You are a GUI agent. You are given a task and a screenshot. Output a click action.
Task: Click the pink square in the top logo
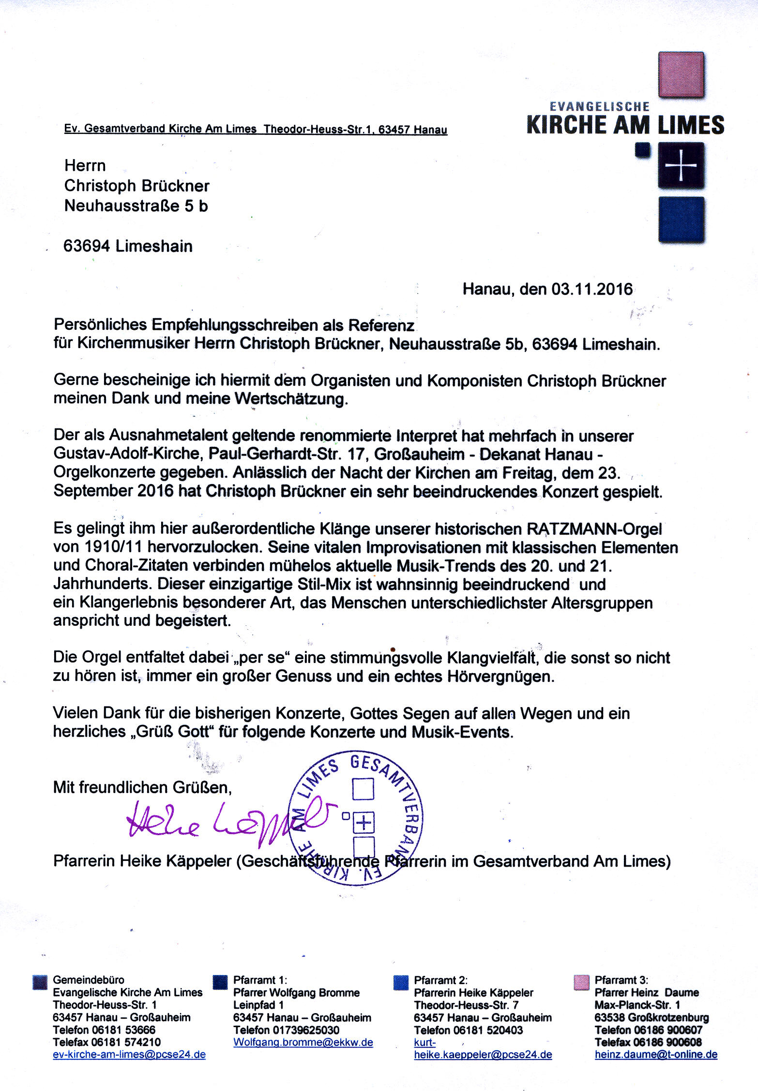coord(681,74)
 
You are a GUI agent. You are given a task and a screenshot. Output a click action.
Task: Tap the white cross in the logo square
coord(681,166)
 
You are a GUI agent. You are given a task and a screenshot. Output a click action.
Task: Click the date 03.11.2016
coord(591,289)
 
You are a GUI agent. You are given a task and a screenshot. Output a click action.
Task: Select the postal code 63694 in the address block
coord(87,246)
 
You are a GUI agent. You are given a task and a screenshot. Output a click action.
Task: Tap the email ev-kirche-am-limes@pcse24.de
coord(129,1054)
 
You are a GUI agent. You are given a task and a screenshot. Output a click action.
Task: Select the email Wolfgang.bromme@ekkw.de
coord(303,1042)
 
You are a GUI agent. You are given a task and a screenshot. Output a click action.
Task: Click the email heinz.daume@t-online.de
coord(656,1054)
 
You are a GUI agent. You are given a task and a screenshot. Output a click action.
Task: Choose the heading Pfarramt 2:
coord(440,980)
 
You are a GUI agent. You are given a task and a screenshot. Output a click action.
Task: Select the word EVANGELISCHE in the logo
coord(600,106)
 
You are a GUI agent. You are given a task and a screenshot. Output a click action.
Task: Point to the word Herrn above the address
coord(85,165)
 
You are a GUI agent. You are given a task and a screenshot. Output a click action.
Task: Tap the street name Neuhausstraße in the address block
coord(121,206)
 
